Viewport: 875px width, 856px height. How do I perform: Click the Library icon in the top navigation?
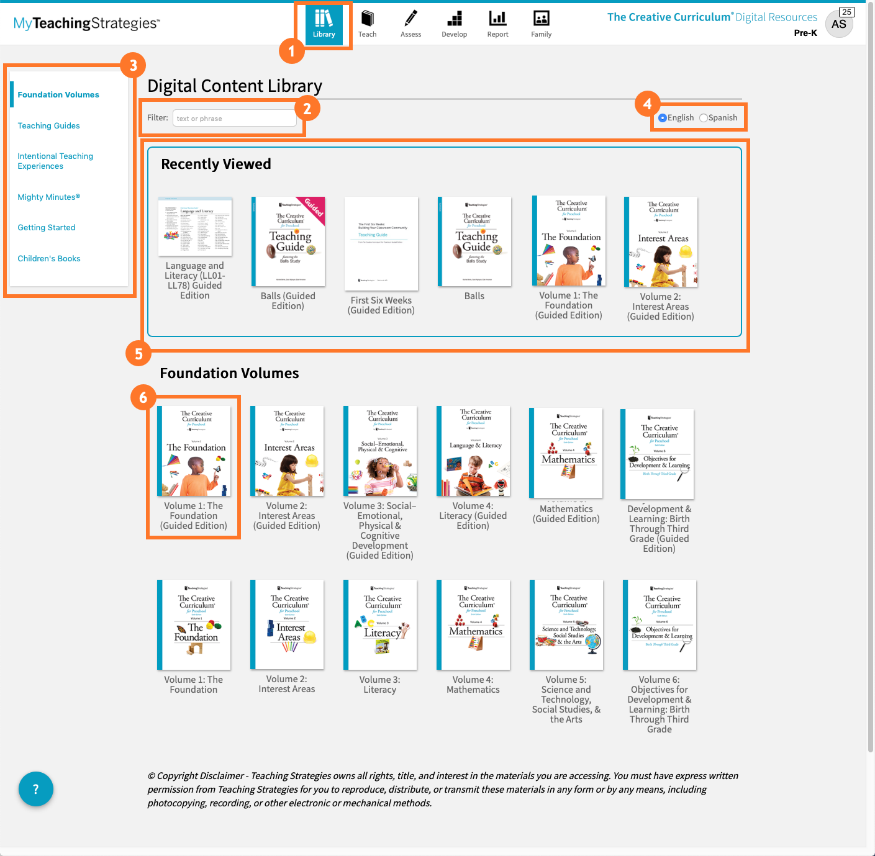[x=324, y=24]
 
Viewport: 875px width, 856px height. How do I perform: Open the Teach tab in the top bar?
[x=367, y=24]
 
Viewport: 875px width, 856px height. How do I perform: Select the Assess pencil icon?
[x=410, y=24]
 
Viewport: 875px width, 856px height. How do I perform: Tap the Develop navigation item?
[x=454, y=24]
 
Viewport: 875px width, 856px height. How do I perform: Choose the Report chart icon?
[x=497, y=24]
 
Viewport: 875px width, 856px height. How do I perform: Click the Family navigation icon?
[x=541, y=24]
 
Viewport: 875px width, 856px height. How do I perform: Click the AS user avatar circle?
[x=838, y=24]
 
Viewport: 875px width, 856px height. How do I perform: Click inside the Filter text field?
[x=234, y=118]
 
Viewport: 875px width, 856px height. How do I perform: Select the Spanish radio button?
[x=703, y=118]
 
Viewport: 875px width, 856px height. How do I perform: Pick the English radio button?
[x=663, y=118]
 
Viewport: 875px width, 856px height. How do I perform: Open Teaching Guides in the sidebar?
[x=48, y=126]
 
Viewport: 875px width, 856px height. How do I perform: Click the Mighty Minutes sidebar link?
[x=48, y=197]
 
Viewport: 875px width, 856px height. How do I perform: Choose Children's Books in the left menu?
[x=49, y=259]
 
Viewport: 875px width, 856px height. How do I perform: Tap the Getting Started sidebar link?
[x=47, y=228]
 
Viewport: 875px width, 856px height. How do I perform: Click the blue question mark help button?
[x=36, y=789]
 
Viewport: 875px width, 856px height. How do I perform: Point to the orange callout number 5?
[x=138, y=354]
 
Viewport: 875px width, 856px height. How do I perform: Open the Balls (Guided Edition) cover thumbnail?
[x=288, y=241]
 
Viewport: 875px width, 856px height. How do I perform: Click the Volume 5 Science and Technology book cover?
[x=566, y=624]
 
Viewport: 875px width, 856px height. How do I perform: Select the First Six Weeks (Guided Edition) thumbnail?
[x=381, y=243]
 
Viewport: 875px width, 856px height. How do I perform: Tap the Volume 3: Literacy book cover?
[x=380, y=624]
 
